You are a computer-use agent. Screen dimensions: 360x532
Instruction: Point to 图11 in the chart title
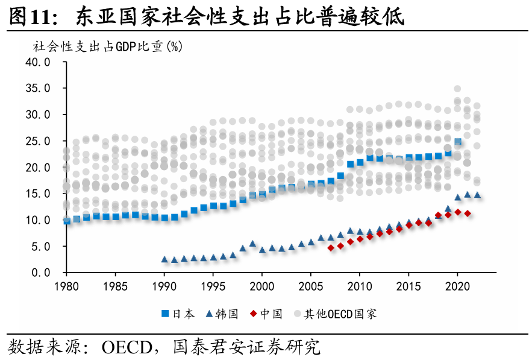tap(29, 17)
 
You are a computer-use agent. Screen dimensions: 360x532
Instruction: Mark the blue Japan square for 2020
tap(458, 142)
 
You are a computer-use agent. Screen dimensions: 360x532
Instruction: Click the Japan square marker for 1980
tap(67, 221)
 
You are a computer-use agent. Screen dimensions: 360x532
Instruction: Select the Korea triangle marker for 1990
tap(164, 259)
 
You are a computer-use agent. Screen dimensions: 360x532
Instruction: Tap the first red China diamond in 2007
tap(330, 248)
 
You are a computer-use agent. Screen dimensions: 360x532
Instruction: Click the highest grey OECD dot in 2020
tap(457, 89)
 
